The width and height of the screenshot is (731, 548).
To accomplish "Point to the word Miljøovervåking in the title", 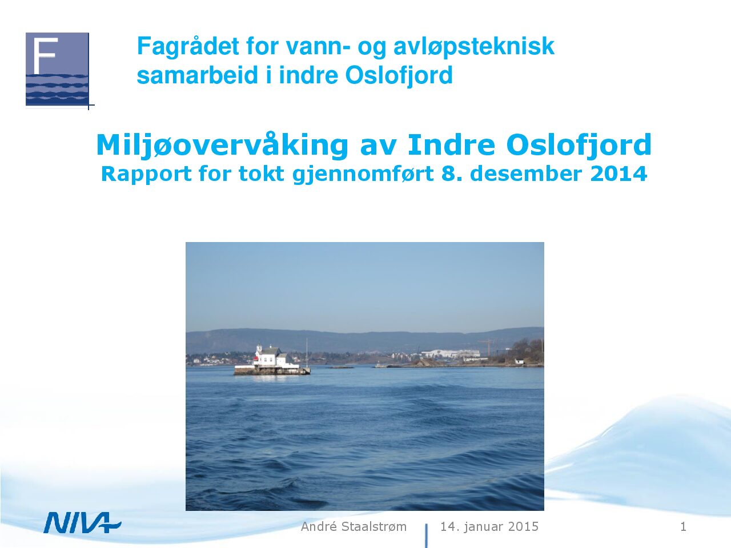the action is coord(222,146).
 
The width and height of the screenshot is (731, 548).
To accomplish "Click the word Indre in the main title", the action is coord(451,145).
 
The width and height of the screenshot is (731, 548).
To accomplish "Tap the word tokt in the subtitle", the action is coord(262,174).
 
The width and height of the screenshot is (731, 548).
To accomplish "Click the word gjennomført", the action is coord(363,174).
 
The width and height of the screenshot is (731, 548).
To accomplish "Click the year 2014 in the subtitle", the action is coord(618,174).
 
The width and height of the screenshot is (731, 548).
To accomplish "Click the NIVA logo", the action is coord(82,523).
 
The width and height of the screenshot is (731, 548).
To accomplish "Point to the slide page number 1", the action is coord(683,527).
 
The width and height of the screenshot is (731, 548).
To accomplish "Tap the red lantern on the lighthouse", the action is coord(256,358).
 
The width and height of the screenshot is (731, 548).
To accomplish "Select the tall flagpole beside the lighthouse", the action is coord(307,353).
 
